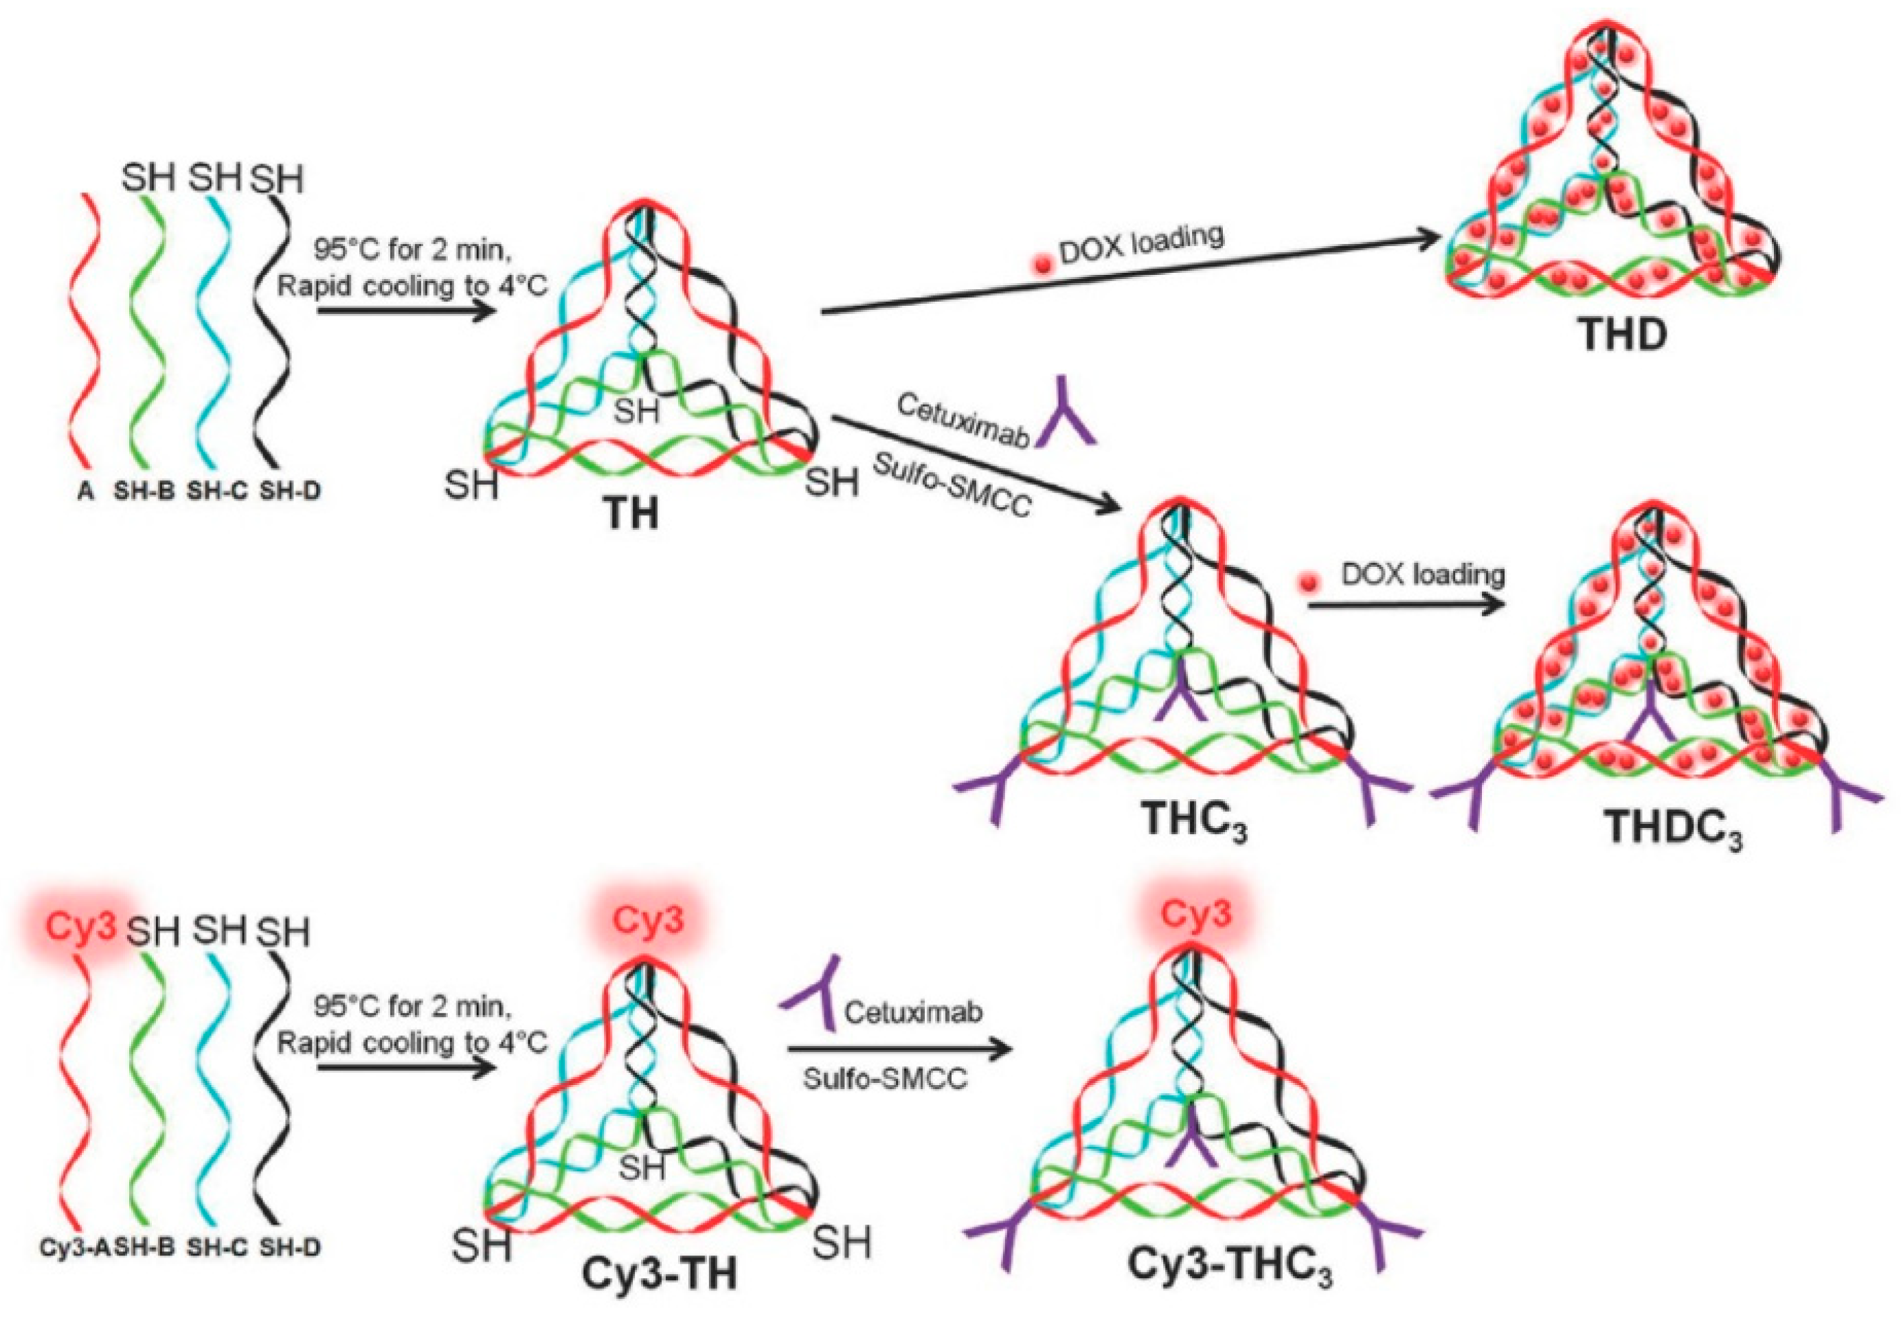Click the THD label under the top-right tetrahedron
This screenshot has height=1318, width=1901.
pos(1622,335)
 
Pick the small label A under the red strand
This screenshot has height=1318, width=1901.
pos(86,492)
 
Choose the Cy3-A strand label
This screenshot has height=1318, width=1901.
pos(74,1247)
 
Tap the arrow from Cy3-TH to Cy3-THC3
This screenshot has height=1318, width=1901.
pos(900,1049)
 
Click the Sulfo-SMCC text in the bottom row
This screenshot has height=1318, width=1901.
pos(886,1078)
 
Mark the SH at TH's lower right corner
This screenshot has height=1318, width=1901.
pos(831,480)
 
